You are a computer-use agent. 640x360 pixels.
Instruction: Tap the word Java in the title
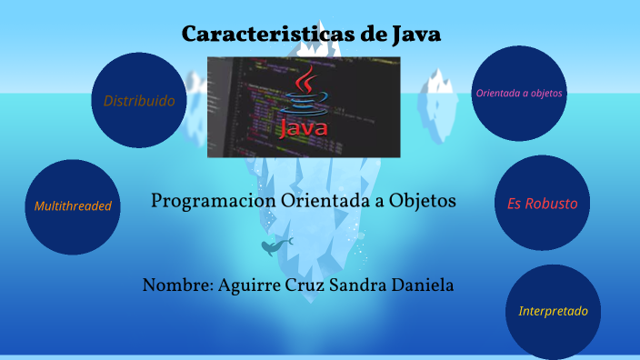click(415, 35)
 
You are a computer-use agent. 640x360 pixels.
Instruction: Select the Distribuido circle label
click(139, 100)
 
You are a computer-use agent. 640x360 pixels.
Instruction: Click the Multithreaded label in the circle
click(73, 206)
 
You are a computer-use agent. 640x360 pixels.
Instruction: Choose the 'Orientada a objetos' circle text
click(519, 93)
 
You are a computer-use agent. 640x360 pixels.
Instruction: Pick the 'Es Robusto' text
click(542, 204)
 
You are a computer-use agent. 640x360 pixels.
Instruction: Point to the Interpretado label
click(553, 311)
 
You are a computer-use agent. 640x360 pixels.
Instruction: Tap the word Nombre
click(176, 285)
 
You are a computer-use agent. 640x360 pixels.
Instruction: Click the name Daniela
click(423, 285)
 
